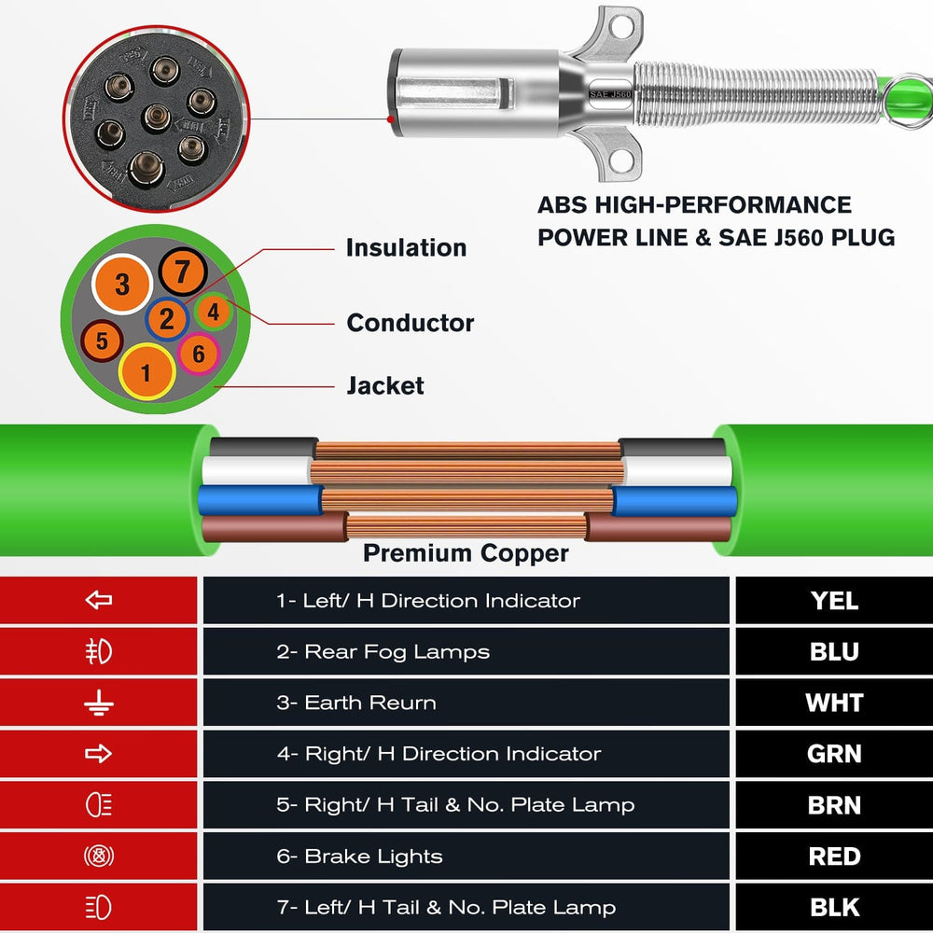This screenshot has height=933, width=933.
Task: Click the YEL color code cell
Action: pos(834,601)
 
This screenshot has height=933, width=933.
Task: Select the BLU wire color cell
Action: pos(834,652)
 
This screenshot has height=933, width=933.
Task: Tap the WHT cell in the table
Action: pos(834,703)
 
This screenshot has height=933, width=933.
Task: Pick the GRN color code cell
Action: pos(834,754)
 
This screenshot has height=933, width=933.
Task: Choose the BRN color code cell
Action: pos(834,805)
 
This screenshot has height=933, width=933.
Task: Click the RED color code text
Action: pos(834,856)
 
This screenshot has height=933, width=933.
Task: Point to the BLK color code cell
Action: pos(834,907)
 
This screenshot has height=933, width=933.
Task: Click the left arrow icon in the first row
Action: pos(98,601)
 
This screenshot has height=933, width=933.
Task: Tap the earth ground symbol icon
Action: pos(98,703)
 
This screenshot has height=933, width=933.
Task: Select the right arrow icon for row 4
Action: pos(98,754)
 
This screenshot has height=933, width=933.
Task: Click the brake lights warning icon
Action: pos(98,856)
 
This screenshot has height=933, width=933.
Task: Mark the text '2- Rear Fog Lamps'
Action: pos(383,652)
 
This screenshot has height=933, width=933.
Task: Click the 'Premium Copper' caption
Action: pos(466,553)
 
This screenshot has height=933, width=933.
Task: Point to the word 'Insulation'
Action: pos(406,248)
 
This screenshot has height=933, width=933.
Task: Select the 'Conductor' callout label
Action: pos(410,324)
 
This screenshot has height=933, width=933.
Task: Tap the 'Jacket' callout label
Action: pos(384,385)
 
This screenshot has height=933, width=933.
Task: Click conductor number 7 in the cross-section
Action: pos(182,272)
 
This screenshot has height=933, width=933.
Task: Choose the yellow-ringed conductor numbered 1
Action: pos(146,373)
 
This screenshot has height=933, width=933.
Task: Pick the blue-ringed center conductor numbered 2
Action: pos(166,320)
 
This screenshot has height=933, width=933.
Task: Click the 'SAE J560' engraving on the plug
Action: pos(611,94)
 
